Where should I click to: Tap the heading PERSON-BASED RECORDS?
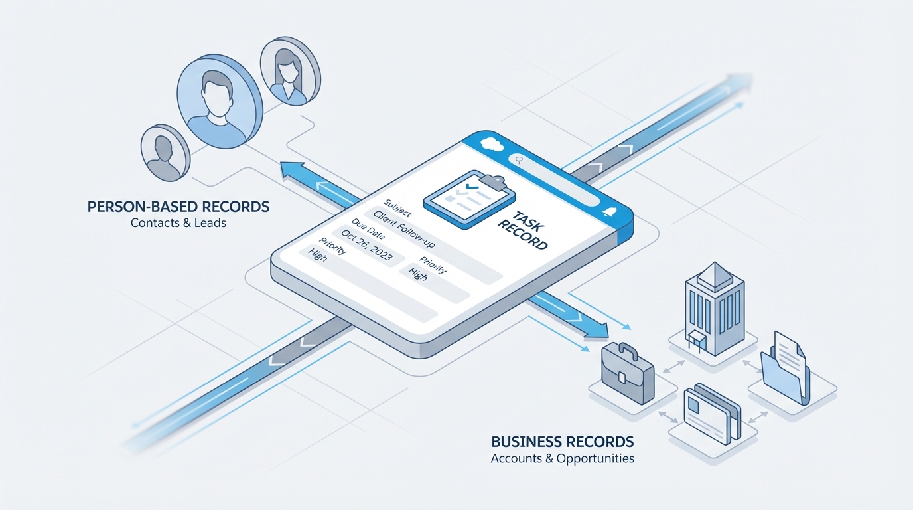point(178,207)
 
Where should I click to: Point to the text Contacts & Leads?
point(178,223)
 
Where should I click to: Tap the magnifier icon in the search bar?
point(517,159)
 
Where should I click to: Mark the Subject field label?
point(397,208)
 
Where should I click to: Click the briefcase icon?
point(627,374)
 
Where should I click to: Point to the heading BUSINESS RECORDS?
point(562,442)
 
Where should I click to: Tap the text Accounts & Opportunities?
point(562,458)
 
